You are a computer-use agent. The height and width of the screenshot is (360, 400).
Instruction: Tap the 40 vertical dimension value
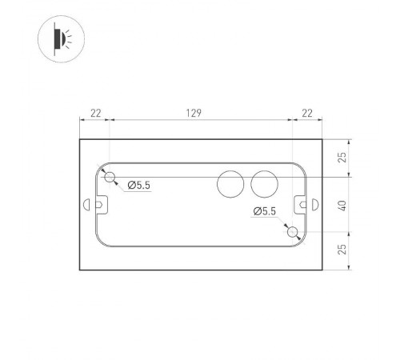click(343, 205)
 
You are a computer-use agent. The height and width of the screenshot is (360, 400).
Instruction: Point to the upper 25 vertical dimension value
click(343, 158)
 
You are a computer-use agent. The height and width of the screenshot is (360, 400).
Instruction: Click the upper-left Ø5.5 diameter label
click(138, 186)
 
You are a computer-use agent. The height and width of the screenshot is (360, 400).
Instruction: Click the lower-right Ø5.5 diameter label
click(264, 211)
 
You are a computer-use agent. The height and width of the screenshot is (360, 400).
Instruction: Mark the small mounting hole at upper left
click(111, 176)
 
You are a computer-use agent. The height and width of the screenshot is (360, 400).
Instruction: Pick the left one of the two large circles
click(231, 185)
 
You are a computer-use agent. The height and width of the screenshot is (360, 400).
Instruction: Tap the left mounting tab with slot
click(100, 205)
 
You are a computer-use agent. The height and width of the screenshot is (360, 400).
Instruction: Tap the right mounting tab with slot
click(302, 205)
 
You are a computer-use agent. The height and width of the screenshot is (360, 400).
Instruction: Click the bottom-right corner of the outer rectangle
click(322, 271)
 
